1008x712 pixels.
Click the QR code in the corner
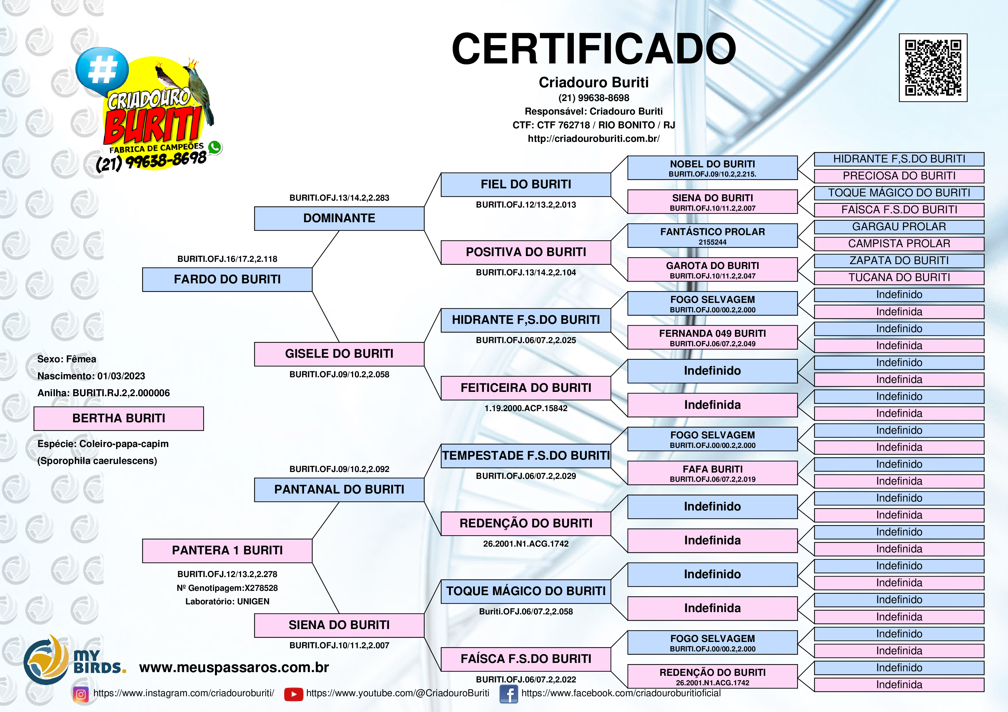(x=933, y=67)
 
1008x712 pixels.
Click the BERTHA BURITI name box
(x=119, y=419)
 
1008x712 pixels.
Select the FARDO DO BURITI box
(x=227, y=279)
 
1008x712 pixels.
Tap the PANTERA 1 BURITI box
(x=227, y=551)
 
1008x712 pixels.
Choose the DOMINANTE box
(x=339, y=218)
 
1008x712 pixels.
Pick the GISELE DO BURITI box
(x=339, y=354)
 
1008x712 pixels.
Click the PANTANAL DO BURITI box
(x=339, y=489)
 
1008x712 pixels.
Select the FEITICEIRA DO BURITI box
(x=526, y=388)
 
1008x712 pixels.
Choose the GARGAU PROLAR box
(x=899, y=227)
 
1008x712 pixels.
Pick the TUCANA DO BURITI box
(x=899, y=278)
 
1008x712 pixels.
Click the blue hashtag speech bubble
(x=102, y=70)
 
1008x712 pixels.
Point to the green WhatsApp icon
(x=215, y=147)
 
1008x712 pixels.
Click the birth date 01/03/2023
(x=121, y=376)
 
